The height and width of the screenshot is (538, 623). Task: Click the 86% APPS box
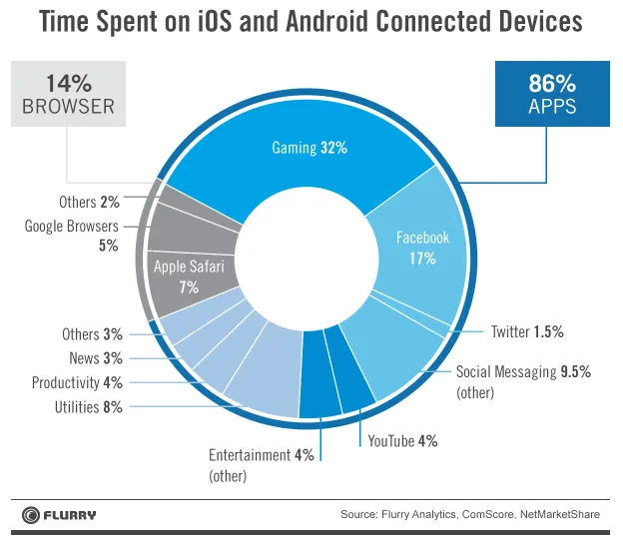(x=552, y=94)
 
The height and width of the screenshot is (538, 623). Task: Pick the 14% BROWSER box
(x=68, y=94)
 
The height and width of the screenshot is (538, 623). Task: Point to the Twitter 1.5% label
(x=527, y=331)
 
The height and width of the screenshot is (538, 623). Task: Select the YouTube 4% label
(x=402, y=441)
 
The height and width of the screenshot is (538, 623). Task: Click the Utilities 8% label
(x=89, y=407)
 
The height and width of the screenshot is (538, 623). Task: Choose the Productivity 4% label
(x=77, y=383)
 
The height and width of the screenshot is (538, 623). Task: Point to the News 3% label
(x=96, y=358)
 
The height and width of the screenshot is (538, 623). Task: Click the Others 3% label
(x=92, y=334)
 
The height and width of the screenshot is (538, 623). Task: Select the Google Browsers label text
(x=72, y=227)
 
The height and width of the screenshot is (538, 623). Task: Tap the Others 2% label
(x=89, y=202)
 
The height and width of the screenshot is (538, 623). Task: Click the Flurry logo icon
(x=31, y=515)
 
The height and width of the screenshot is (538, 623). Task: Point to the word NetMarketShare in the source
(x=560, y=515)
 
